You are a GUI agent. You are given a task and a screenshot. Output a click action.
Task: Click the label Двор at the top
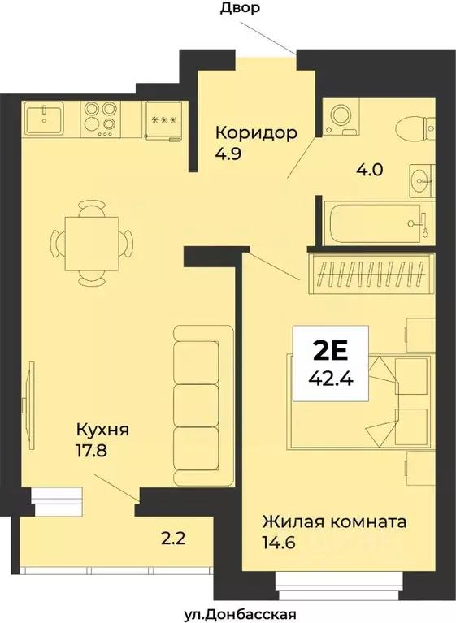point(240,9)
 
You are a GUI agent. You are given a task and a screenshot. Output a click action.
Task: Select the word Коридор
point(255,133)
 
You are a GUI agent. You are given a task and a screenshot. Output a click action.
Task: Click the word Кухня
point(103,430)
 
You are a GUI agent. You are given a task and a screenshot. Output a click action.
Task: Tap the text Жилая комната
point(333,521)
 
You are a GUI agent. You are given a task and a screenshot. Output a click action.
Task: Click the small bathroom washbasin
point(422,180)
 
